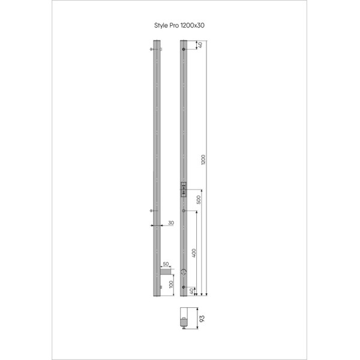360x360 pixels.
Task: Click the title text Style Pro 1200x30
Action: click(x=181, y=26)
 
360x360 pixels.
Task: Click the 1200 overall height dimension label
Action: click(x=204, y=161)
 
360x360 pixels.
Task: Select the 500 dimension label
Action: click(x=199, y=200)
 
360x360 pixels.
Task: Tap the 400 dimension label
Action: click(x=194, y=253)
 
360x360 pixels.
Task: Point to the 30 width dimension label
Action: click(x=171, y=223)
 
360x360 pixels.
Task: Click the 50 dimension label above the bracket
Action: click(x=165, y=264)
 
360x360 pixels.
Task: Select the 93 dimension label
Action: click(x=201, y=318)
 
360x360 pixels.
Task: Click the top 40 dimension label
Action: click(x=200, y=45)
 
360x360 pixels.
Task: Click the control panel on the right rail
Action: click(x=184, y=189)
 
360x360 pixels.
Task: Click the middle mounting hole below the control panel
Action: click(x=184, y=211)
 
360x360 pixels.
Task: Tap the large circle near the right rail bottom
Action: click(x=184, y=272)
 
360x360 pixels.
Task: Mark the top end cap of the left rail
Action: click(x=156, y=42)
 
